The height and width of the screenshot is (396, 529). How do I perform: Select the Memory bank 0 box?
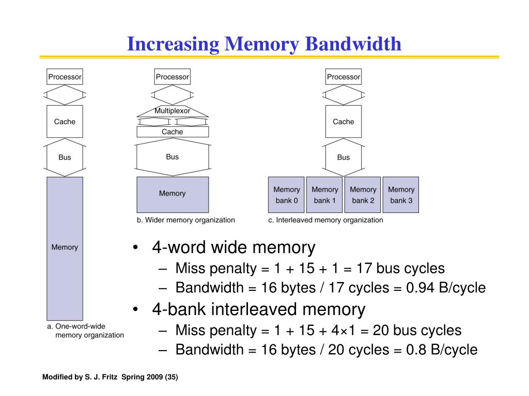[x=286, y=194]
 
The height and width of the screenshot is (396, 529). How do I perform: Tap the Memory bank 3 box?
[x=401, y=194]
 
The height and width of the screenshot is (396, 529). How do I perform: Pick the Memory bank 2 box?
[x=363, y=194]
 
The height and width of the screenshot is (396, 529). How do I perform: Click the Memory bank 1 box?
[x=324, y=194]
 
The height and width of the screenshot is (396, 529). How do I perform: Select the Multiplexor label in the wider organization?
[x=173, y=111]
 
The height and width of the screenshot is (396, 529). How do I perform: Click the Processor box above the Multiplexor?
[x=173, y=77]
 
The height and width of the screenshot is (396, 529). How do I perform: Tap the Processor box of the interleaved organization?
[x=344, y=77]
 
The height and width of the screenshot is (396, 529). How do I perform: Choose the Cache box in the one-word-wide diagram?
[x=65, y=122]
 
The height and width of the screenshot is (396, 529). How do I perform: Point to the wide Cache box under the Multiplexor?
[x=173, y=131]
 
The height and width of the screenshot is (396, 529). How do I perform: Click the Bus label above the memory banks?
[x=344, y=157]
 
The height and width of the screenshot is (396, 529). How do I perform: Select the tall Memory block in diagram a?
[x=65, y=249]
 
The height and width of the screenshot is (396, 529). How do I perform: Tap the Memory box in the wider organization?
[x=173, y=194]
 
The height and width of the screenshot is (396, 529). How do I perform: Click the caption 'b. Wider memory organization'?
[x=186, y=220]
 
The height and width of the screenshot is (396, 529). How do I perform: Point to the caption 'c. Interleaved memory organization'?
[x=325, y=220]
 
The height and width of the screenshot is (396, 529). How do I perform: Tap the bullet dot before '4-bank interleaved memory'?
[x=136, y=309]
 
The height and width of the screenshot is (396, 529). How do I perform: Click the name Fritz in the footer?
[x=110, y=377]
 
